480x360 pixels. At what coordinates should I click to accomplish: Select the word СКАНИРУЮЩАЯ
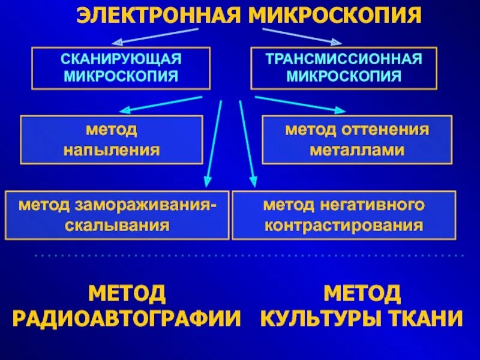(x=121, y=60)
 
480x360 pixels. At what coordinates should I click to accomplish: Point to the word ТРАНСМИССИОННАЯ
(x=344, y=60)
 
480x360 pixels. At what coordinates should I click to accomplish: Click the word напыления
(x=112, y=149)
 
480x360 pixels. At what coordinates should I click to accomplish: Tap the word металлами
(x=356, y=149)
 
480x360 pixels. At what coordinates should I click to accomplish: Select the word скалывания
(x=118, y=226)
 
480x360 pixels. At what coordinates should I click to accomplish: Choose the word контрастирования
(x=344, y=226)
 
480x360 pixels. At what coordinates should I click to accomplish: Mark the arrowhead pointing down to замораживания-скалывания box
(x=207, y=180)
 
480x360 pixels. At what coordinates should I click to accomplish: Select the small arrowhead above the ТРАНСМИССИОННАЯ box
(x=337, y=42)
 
